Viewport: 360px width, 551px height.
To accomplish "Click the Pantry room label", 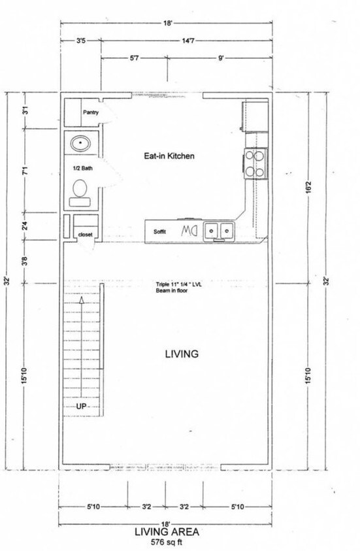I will coord(90,112).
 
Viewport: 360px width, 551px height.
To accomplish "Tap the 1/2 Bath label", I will coord(83,168).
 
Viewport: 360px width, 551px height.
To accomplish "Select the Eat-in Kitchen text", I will coord(169,156).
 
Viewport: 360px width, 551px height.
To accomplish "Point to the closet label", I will coord(85,234).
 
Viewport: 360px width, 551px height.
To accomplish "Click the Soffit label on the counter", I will coord(160,231).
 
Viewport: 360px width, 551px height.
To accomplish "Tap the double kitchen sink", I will coord(219,231).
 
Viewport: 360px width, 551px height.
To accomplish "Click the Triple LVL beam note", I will coord(179,287).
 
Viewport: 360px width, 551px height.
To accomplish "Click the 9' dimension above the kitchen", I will coord(222,58).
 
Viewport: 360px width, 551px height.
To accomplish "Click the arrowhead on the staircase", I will coord(81,302).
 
